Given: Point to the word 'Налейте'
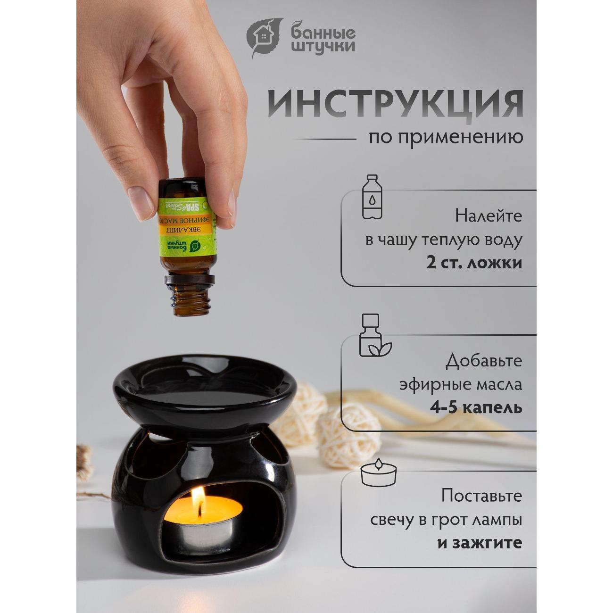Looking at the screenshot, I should tap(489, 216).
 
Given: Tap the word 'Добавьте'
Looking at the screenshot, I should tap(484, 361).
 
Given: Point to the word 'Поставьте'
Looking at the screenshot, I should tap(481, 496).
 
